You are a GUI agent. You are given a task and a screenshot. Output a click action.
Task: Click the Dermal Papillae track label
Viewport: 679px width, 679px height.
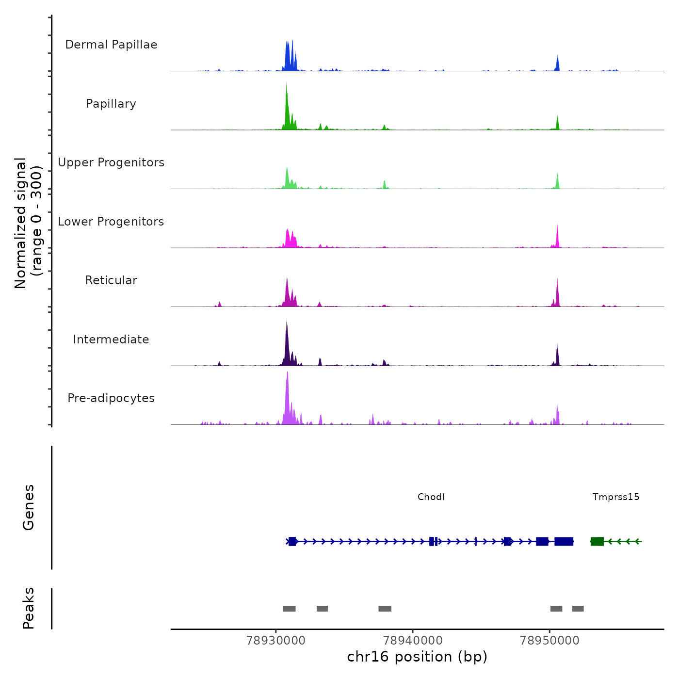[x=111, y=45]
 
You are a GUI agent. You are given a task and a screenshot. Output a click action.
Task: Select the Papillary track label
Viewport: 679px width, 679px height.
[x=111, y=104]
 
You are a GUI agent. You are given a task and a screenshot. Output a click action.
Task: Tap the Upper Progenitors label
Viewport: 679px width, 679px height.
[x=111, y=162]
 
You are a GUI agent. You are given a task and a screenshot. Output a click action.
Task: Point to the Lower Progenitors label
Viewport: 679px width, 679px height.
[x=111, y=222]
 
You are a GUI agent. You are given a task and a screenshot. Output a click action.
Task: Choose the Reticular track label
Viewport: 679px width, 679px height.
[x=111, y=280]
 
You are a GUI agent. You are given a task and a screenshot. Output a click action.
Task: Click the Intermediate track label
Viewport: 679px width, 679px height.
[x=111, y=339]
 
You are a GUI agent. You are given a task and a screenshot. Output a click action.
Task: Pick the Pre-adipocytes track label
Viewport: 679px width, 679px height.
[x=111, y=398]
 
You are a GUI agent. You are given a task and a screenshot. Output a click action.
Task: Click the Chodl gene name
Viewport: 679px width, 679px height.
[x=431, y=497]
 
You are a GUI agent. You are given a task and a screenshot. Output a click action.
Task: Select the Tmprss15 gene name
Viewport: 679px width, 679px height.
[x=615, y=497]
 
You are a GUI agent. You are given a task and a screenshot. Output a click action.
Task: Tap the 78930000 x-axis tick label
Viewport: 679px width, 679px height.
[x=276, y=640]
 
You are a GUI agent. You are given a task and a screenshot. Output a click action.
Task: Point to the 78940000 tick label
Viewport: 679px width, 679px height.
[x=413, y=640]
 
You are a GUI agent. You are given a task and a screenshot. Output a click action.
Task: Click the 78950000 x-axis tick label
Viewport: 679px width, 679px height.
[x=550, y=640]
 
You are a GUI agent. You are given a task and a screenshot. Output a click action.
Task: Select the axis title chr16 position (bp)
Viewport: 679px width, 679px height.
[x=417, y=657]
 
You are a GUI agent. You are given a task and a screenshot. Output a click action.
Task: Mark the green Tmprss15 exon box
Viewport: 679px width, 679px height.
[x=597, y=541]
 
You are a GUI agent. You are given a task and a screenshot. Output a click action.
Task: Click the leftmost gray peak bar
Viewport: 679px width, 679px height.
[x=289, y=609]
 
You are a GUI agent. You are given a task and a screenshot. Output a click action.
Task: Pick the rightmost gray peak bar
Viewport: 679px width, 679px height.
[x=578, y=609]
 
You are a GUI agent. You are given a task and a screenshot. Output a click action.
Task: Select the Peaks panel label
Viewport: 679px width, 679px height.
[x=28, y=608]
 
